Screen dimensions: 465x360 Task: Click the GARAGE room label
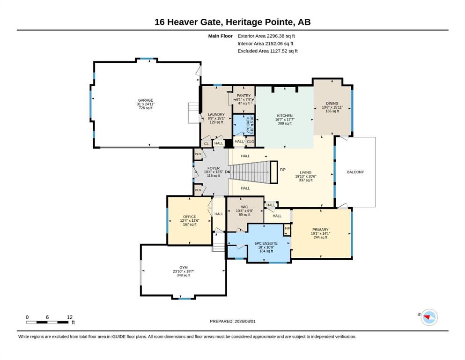point(145,100)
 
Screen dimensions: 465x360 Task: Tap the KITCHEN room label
point(285,116)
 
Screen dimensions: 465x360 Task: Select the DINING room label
point(332,104)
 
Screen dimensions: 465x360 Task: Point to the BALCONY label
point(355,172)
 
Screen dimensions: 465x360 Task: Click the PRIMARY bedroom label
point(320,230)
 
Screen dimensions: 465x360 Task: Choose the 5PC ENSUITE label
point(266,243)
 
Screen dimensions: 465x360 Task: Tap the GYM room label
point(183,267)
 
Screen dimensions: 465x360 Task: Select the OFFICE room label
point(190,217)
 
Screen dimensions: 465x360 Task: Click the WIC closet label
point(244,207)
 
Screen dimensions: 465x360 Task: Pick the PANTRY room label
point(244,96)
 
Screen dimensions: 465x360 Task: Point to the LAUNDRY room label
point(216,114)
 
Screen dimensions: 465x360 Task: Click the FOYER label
point(214,168)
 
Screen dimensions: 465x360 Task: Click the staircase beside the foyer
point(251,172)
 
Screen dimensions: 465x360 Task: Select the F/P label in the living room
point(283,170)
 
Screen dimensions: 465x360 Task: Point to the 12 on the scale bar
point(70,317)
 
